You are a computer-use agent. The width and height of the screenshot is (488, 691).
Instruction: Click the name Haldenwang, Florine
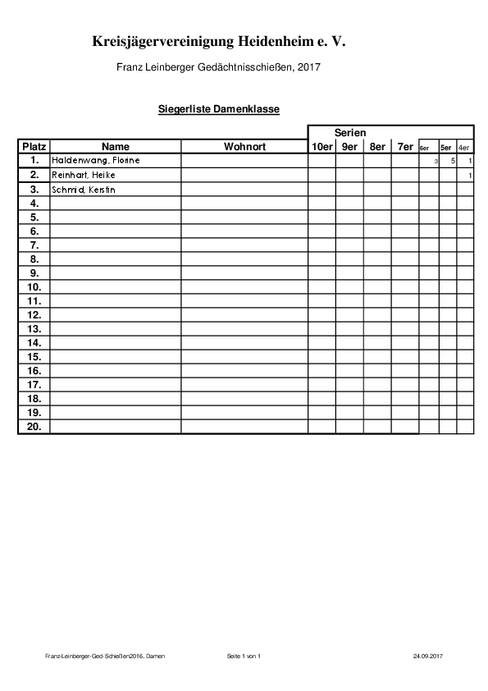96,160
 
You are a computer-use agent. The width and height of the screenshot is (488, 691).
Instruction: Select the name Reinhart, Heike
84,175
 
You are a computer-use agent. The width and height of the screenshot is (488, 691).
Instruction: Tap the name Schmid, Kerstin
83,190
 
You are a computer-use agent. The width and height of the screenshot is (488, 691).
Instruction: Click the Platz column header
34,146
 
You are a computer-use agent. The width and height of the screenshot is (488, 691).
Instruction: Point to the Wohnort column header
244,146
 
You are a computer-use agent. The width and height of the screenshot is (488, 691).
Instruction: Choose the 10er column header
322,146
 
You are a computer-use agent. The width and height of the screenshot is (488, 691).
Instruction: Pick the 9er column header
349,146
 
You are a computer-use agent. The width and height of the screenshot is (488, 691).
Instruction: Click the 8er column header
377,146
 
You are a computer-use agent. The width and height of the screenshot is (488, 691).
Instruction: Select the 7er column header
405,146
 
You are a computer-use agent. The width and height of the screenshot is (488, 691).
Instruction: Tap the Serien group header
349,132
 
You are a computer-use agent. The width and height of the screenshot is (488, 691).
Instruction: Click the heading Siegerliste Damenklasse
219,108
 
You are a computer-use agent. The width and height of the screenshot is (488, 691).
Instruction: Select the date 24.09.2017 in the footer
427,657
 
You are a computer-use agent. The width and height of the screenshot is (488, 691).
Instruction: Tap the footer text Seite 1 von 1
243,657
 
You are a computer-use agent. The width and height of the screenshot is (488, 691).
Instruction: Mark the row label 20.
34,426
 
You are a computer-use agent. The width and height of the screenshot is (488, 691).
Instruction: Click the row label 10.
34,287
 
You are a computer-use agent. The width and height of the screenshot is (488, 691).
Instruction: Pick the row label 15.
34,356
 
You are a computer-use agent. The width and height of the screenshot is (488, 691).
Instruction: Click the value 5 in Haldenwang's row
453,161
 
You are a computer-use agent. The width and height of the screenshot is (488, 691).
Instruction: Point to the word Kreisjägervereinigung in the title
163,40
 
